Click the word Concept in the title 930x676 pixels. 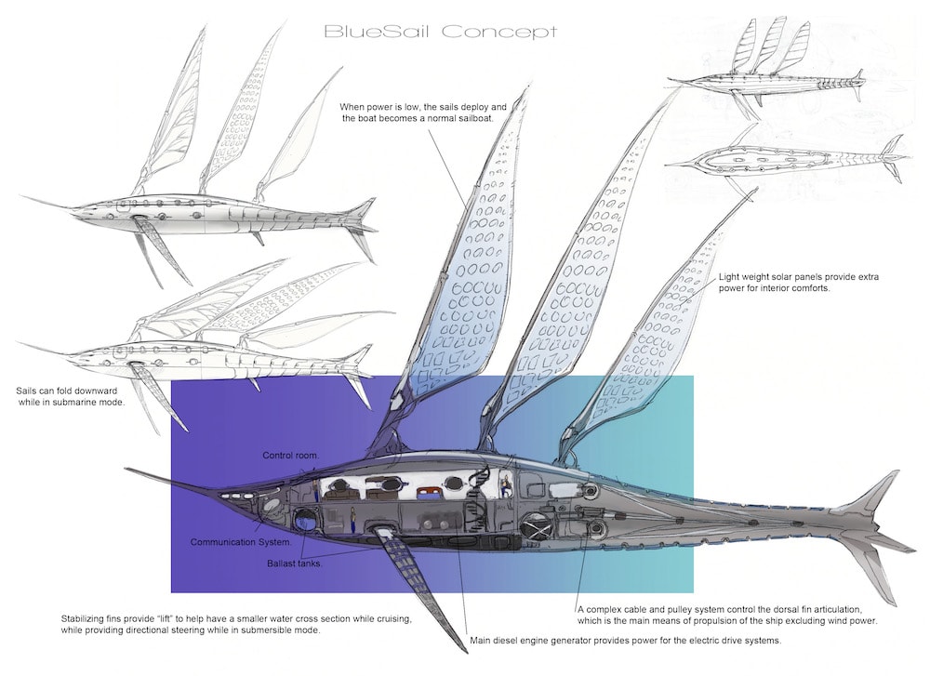coord(498,32)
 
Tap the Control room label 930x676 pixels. coord(290,456)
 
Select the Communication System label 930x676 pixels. coord(241,541)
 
